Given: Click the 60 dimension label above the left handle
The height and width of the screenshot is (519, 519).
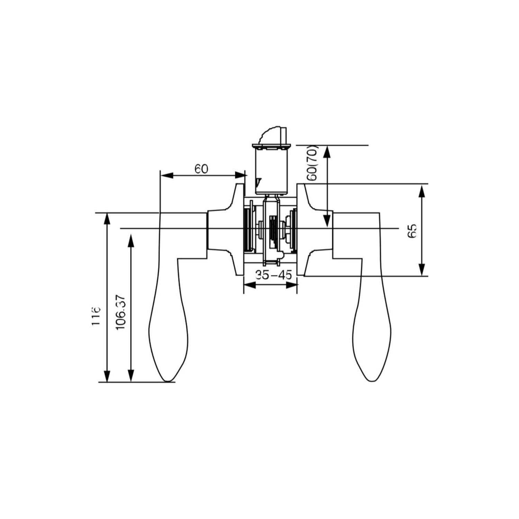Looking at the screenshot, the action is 201,169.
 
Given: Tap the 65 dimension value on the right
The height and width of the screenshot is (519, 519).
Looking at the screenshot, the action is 412,231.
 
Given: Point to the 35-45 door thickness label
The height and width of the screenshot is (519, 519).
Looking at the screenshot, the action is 273,275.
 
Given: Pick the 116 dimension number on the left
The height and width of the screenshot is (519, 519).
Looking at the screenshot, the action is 96,315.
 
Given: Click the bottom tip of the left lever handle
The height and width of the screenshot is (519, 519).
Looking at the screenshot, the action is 168,382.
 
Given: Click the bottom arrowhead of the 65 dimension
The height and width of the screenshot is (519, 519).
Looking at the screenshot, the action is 421,270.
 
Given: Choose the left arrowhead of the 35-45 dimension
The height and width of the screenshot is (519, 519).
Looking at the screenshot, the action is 250,285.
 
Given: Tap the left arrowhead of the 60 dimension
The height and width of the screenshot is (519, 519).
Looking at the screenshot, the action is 167,175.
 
